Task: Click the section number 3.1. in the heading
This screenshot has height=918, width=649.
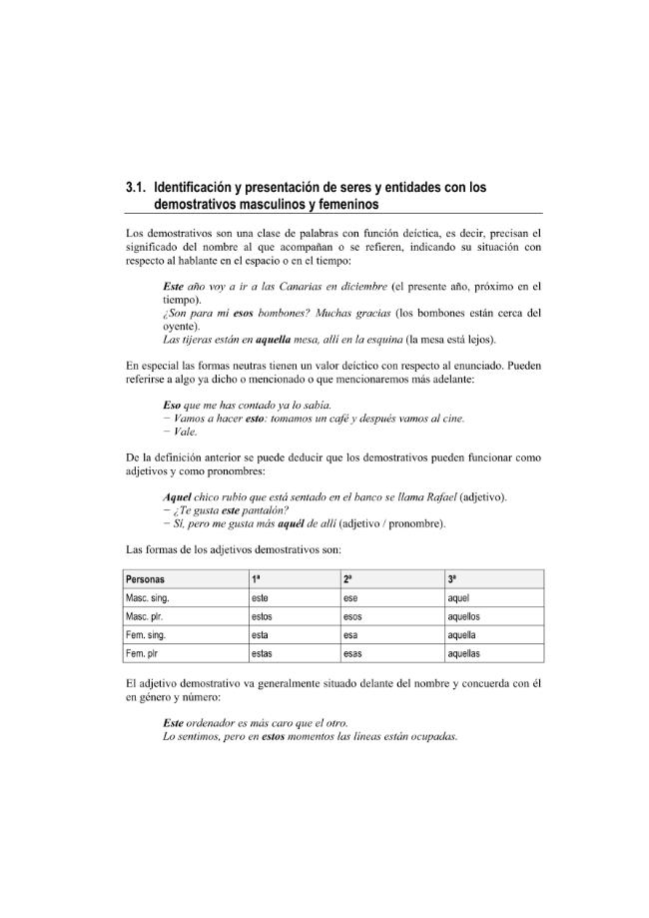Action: click(137, 187)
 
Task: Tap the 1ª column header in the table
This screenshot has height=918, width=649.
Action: click(257, 579)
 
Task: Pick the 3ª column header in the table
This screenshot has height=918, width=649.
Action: click(452, 579)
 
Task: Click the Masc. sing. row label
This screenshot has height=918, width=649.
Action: click(148, 597)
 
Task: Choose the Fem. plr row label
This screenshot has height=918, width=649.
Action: click(145, 653)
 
